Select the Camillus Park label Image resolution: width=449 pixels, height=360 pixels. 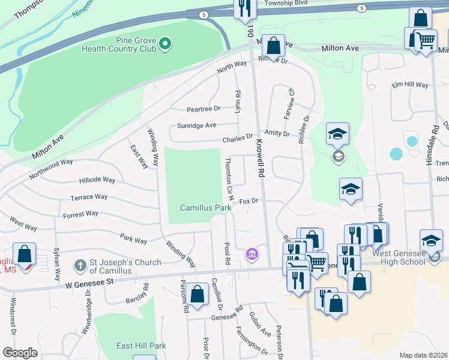click(206, 208)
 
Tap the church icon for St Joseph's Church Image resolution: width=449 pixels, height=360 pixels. click(80, 265)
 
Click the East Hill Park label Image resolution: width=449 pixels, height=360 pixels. click(142, 346)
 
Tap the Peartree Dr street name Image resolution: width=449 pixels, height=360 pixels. click(203, 109)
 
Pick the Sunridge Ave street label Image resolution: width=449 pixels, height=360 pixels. click(196, 125)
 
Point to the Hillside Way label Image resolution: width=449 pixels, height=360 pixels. click(97, 180)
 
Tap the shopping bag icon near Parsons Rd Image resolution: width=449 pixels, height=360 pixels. click(197, 294)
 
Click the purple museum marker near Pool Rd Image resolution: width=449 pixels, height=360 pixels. click(252, 254)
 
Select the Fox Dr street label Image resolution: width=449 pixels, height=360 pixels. click(249, 201)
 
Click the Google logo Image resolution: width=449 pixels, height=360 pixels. click(20, 353)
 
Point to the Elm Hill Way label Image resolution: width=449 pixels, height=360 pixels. click(409, 85)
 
